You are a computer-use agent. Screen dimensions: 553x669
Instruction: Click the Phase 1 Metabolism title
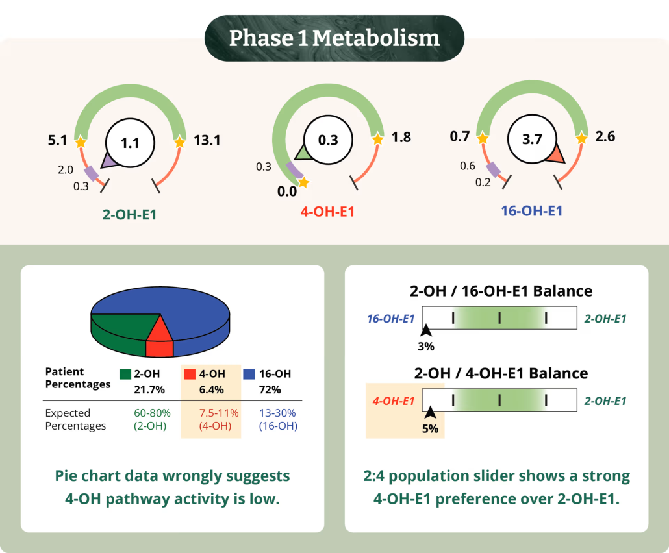pyautogui.click(x=334, y=38)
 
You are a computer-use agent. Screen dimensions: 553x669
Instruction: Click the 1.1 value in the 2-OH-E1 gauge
pyautogui.click(x=131, y=143)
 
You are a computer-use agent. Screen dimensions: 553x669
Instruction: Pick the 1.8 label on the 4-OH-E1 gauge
pyautogui.click(x=401, y=137)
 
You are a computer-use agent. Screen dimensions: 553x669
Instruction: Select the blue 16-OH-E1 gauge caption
pyautogui.click(x=531, y=210)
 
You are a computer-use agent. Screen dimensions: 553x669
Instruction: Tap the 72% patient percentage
pyautogui.click(x=270, y=389)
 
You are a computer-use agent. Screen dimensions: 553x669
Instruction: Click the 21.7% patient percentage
pyautogui.click(x=149, y=389)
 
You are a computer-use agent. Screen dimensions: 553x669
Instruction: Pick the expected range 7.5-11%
pyautogui.click(x=218, y=413)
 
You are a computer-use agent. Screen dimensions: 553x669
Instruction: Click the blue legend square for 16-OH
pyautogui.click(x=248, y=374)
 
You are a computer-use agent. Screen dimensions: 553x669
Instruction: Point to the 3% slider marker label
pyautogui.click(x=425, y=347)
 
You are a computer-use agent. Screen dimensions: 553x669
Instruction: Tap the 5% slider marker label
pyautogui.click(x=430, y=428)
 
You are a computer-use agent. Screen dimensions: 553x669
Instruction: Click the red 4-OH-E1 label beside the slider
pyautogui.click(x=394, y=400)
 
